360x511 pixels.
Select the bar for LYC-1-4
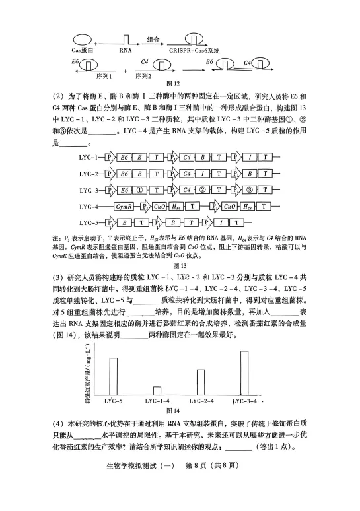pyautogui.click(x=157, y=391)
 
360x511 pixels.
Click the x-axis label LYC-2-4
pyautogui.click(x=201, y=401)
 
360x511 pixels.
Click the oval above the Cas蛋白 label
pyautogui.click(x=82, y=40)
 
